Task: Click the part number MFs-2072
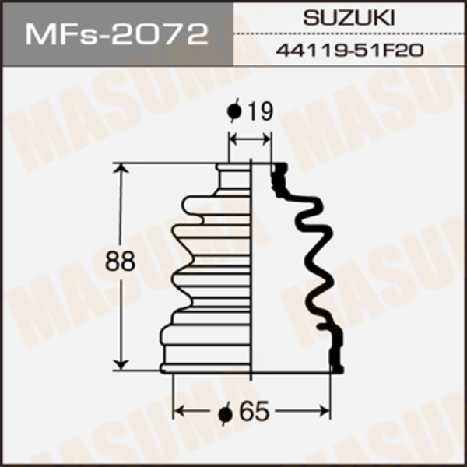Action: coord(117,34)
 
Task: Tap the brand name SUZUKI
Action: coord(349,17)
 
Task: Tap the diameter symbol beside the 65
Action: coord(225,413)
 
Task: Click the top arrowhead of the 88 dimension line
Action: coord(121,170)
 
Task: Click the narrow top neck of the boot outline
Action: coord(233,177)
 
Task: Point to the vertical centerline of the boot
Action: coord(251,265)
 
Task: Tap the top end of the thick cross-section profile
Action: coord(279,166)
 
